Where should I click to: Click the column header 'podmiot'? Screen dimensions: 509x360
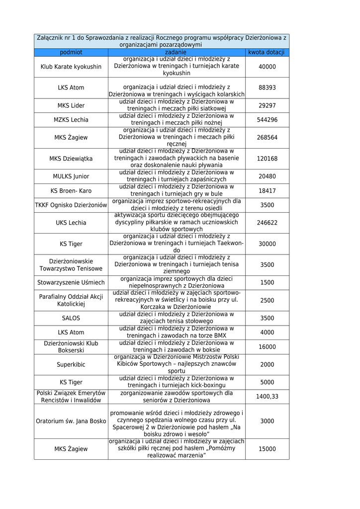pos(71,52)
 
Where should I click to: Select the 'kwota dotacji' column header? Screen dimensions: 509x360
pos(267,52)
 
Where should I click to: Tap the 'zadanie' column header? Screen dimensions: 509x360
pos(176,52)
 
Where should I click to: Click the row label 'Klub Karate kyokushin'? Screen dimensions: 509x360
pos(71,67)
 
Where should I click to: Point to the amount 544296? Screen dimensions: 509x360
pos(267,120)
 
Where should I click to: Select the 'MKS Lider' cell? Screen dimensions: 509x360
pos(71,106)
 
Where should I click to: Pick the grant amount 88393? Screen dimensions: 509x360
pos(267,87)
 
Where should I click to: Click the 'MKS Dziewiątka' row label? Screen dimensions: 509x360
pos(71,159)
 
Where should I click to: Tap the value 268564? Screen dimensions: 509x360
pos(267,138)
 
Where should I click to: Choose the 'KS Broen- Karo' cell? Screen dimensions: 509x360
pos(71,190)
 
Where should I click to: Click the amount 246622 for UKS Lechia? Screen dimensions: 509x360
pos(267,223)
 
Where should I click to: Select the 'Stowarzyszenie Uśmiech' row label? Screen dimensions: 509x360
pos(71,282)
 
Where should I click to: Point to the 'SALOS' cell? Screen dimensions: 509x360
pos(71,318)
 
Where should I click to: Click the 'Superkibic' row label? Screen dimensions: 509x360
pos(71,364)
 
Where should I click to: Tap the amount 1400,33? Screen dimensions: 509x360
pos(267,396)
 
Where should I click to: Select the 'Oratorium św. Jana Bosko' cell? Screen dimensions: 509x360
pos(71,421)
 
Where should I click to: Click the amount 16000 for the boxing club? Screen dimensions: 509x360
pos(267,346)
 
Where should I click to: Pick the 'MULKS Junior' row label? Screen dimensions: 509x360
pos(71,176)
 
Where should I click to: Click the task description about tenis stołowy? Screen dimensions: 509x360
pos(176,318)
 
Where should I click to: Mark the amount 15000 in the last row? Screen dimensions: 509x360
pos(267,449)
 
